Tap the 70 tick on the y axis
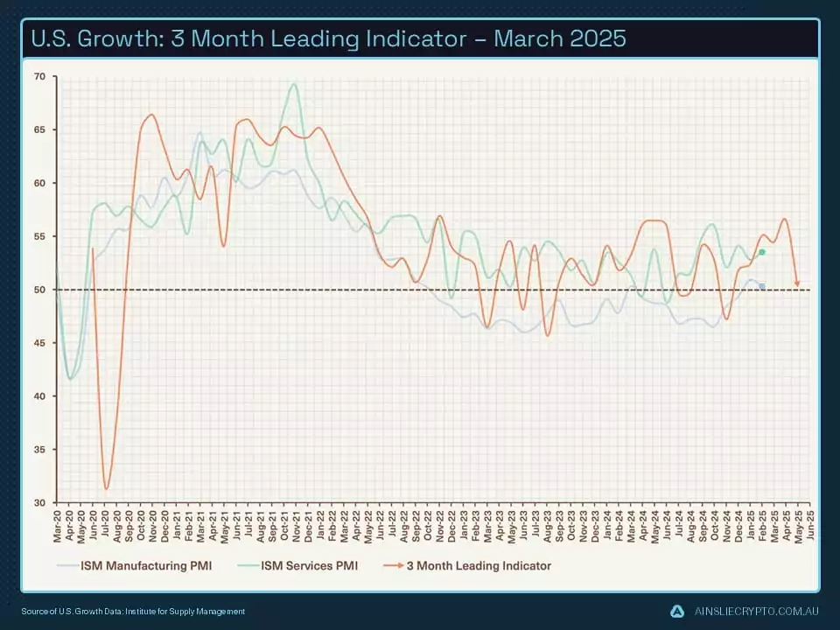(x=39, y=77)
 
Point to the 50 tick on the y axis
(x=39, y=290)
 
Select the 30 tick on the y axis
(x=39, y=502)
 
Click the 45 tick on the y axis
(x=39, y=343)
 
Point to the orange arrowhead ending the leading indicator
(x=797, y=283)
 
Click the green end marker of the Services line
(x=762, y=252)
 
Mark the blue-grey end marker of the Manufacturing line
(x=762, y=286)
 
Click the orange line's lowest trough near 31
(x=107, y=488)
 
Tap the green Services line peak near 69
(x=294, y=85)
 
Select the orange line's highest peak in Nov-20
(x=151, y=115)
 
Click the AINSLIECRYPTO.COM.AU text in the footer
(x=755, y=611)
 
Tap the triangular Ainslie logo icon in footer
(x=676, y=611)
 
